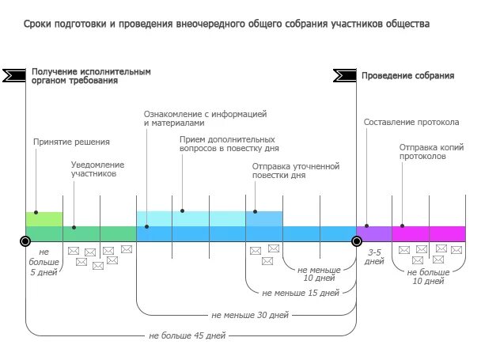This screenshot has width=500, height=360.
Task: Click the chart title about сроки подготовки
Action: pos(227,25)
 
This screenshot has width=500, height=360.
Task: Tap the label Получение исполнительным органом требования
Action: pos(91,76)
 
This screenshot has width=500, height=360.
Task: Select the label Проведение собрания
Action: pos(407,76)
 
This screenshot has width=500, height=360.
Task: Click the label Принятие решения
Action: pos(71,142)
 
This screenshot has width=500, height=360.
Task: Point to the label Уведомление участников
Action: pos(97,169)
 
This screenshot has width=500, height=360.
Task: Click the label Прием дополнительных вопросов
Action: pos(229,143)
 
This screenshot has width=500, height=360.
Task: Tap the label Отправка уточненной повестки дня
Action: pos(295,170)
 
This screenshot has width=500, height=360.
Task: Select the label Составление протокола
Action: pos(411,123)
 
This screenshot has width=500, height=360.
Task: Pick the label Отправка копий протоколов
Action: pos(431,151)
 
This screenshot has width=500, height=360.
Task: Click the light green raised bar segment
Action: pos(44,218)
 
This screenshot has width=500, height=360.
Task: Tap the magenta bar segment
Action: pos(429,233)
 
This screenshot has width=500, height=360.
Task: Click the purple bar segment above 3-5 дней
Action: pos(373,233)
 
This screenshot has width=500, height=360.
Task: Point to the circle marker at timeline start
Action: pos(26,241)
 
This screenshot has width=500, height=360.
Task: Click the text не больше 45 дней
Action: pos(187,335)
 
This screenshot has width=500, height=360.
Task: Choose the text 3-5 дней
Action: pos(374,256)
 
